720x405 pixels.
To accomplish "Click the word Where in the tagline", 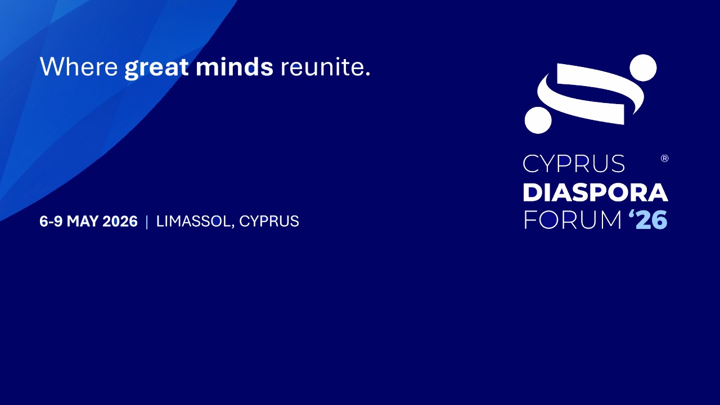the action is click(79, 66).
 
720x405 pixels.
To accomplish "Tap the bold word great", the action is click(156, 68).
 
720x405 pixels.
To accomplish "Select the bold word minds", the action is click(235, 66).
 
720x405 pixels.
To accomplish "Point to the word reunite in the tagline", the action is click(322, 67).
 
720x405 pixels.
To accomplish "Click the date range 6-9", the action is click(51, 221).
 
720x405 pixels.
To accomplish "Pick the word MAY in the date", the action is click(82, 221).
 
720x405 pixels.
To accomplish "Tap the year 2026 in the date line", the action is click(120, 221).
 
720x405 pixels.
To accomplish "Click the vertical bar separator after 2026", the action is click(147, 222).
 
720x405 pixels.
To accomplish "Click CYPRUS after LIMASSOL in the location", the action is click(269, 221).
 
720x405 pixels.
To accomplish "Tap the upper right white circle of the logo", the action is click(643, 68).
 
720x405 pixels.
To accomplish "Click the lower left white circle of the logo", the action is click(538, 120).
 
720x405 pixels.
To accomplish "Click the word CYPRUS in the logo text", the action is click(574, 164).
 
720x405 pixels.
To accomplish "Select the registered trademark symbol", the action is click(665, 159).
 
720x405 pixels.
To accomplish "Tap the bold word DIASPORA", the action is click(596, 192).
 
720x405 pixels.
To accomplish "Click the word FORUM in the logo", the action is click(573, 220).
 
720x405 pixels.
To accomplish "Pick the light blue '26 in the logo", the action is click(648, 219).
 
